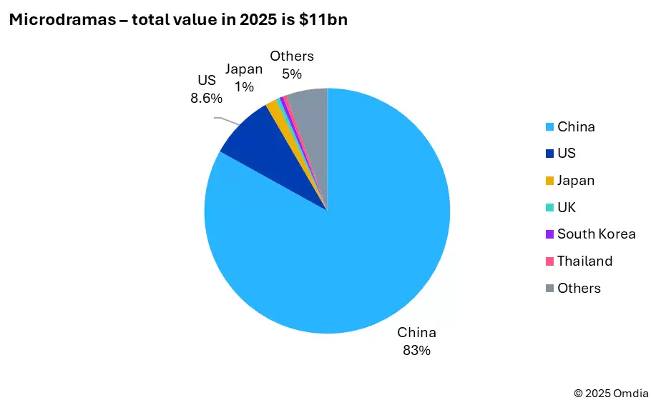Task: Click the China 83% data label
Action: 416,341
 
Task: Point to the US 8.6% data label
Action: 207,89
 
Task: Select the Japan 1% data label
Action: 244,78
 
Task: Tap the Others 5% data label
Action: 292,65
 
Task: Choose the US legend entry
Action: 566,154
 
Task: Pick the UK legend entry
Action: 566,208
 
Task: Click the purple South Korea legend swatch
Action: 549,234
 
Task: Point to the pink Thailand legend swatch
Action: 549,261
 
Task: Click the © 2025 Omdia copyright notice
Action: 611,393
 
